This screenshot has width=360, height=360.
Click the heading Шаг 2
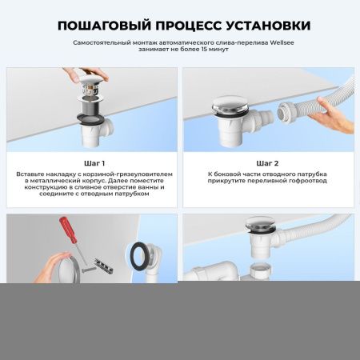pyautogui.click(x=269, y=162)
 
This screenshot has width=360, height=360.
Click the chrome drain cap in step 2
pyautogui.click(x=226, y=106)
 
